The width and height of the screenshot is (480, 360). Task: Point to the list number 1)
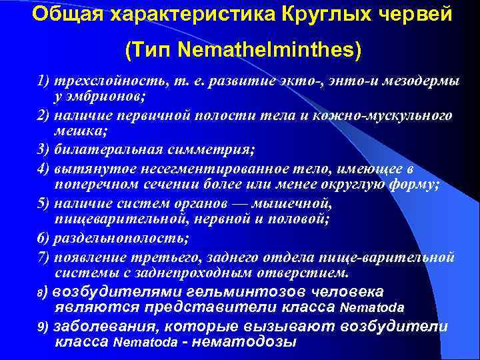43,81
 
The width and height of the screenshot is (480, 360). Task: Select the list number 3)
43,150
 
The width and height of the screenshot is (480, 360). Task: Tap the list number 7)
43,256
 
